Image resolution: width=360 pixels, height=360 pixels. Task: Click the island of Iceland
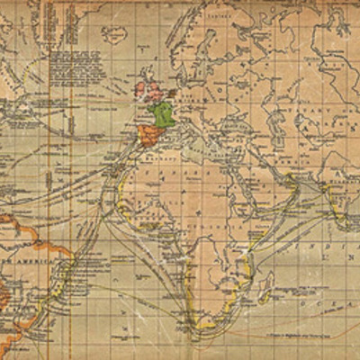114,34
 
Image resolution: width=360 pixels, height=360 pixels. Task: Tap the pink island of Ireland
141,90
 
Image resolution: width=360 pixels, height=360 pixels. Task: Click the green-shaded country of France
163,113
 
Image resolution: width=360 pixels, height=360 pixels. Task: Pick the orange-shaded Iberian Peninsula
150,132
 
